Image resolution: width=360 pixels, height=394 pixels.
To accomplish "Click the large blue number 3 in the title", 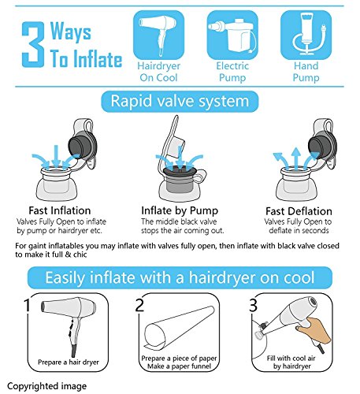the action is click(33, 45).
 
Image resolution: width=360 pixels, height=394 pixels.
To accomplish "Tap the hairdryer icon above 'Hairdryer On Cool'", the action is click(158, 35).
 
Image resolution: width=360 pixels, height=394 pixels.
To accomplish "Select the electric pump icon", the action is click(232, 35).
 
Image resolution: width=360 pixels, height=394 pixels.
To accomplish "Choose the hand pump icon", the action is click(306, 35).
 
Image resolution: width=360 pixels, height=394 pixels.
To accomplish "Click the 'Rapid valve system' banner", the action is click(180, 102).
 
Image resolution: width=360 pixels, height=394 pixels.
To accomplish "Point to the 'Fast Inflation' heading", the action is click(60, 210).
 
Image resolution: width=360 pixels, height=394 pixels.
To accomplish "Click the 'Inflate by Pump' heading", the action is click(180, 210).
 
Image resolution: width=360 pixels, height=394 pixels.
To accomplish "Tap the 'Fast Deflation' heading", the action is click(299, 211).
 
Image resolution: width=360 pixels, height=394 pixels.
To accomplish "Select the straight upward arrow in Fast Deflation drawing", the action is click(296, 158).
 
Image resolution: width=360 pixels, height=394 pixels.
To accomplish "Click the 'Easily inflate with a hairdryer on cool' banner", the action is click(180, 277).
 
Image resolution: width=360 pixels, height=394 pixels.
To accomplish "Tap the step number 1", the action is click(27, 305).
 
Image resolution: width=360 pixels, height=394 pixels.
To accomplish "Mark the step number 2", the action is click(139, 305).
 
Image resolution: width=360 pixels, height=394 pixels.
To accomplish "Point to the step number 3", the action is click(253, 305).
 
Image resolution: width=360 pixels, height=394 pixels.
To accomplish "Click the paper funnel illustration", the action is click(180, 328).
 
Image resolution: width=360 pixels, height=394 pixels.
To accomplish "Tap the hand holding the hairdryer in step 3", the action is click(314, 329).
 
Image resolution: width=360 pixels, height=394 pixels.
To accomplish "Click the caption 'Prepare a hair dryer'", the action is click(69, 362).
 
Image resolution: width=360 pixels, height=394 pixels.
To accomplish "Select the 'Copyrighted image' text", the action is click(46, 386).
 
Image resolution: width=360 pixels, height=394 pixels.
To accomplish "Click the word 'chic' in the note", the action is click(80, 255).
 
